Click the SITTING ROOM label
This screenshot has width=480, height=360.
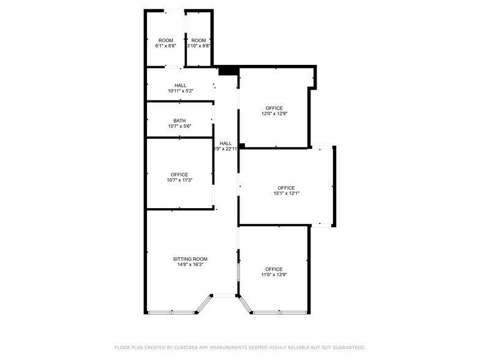coord(190,259)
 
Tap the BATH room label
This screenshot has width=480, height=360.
coord(179,121)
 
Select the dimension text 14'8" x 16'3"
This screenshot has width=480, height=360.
coord(190,264)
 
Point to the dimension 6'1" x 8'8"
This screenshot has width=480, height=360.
coord(165,46)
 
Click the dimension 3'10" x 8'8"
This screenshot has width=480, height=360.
coord(198,46)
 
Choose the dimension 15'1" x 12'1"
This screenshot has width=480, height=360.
coord(287,193)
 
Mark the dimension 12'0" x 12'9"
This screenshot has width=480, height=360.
coord(274,114)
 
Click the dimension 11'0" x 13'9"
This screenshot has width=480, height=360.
coord(274,274)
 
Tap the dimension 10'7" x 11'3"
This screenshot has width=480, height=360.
coord(179,180)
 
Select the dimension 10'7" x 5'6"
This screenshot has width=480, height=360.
coord(179,126)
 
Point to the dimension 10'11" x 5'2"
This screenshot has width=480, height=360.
coord(181,91)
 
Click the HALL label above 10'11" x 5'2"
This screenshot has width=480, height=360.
coord(181,86)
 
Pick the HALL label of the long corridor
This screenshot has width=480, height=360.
coord(225,143)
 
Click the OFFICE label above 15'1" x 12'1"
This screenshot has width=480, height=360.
coord(287,188)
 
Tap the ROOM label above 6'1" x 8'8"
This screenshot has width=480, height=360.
coord(165,40)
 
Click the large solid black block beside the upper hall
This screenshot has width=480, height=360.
coord(228,71)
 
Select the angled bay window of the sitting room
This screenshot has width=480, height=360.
coord(203,304)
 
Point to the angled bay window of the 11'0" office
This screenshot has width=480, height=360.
coord(244,304)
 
